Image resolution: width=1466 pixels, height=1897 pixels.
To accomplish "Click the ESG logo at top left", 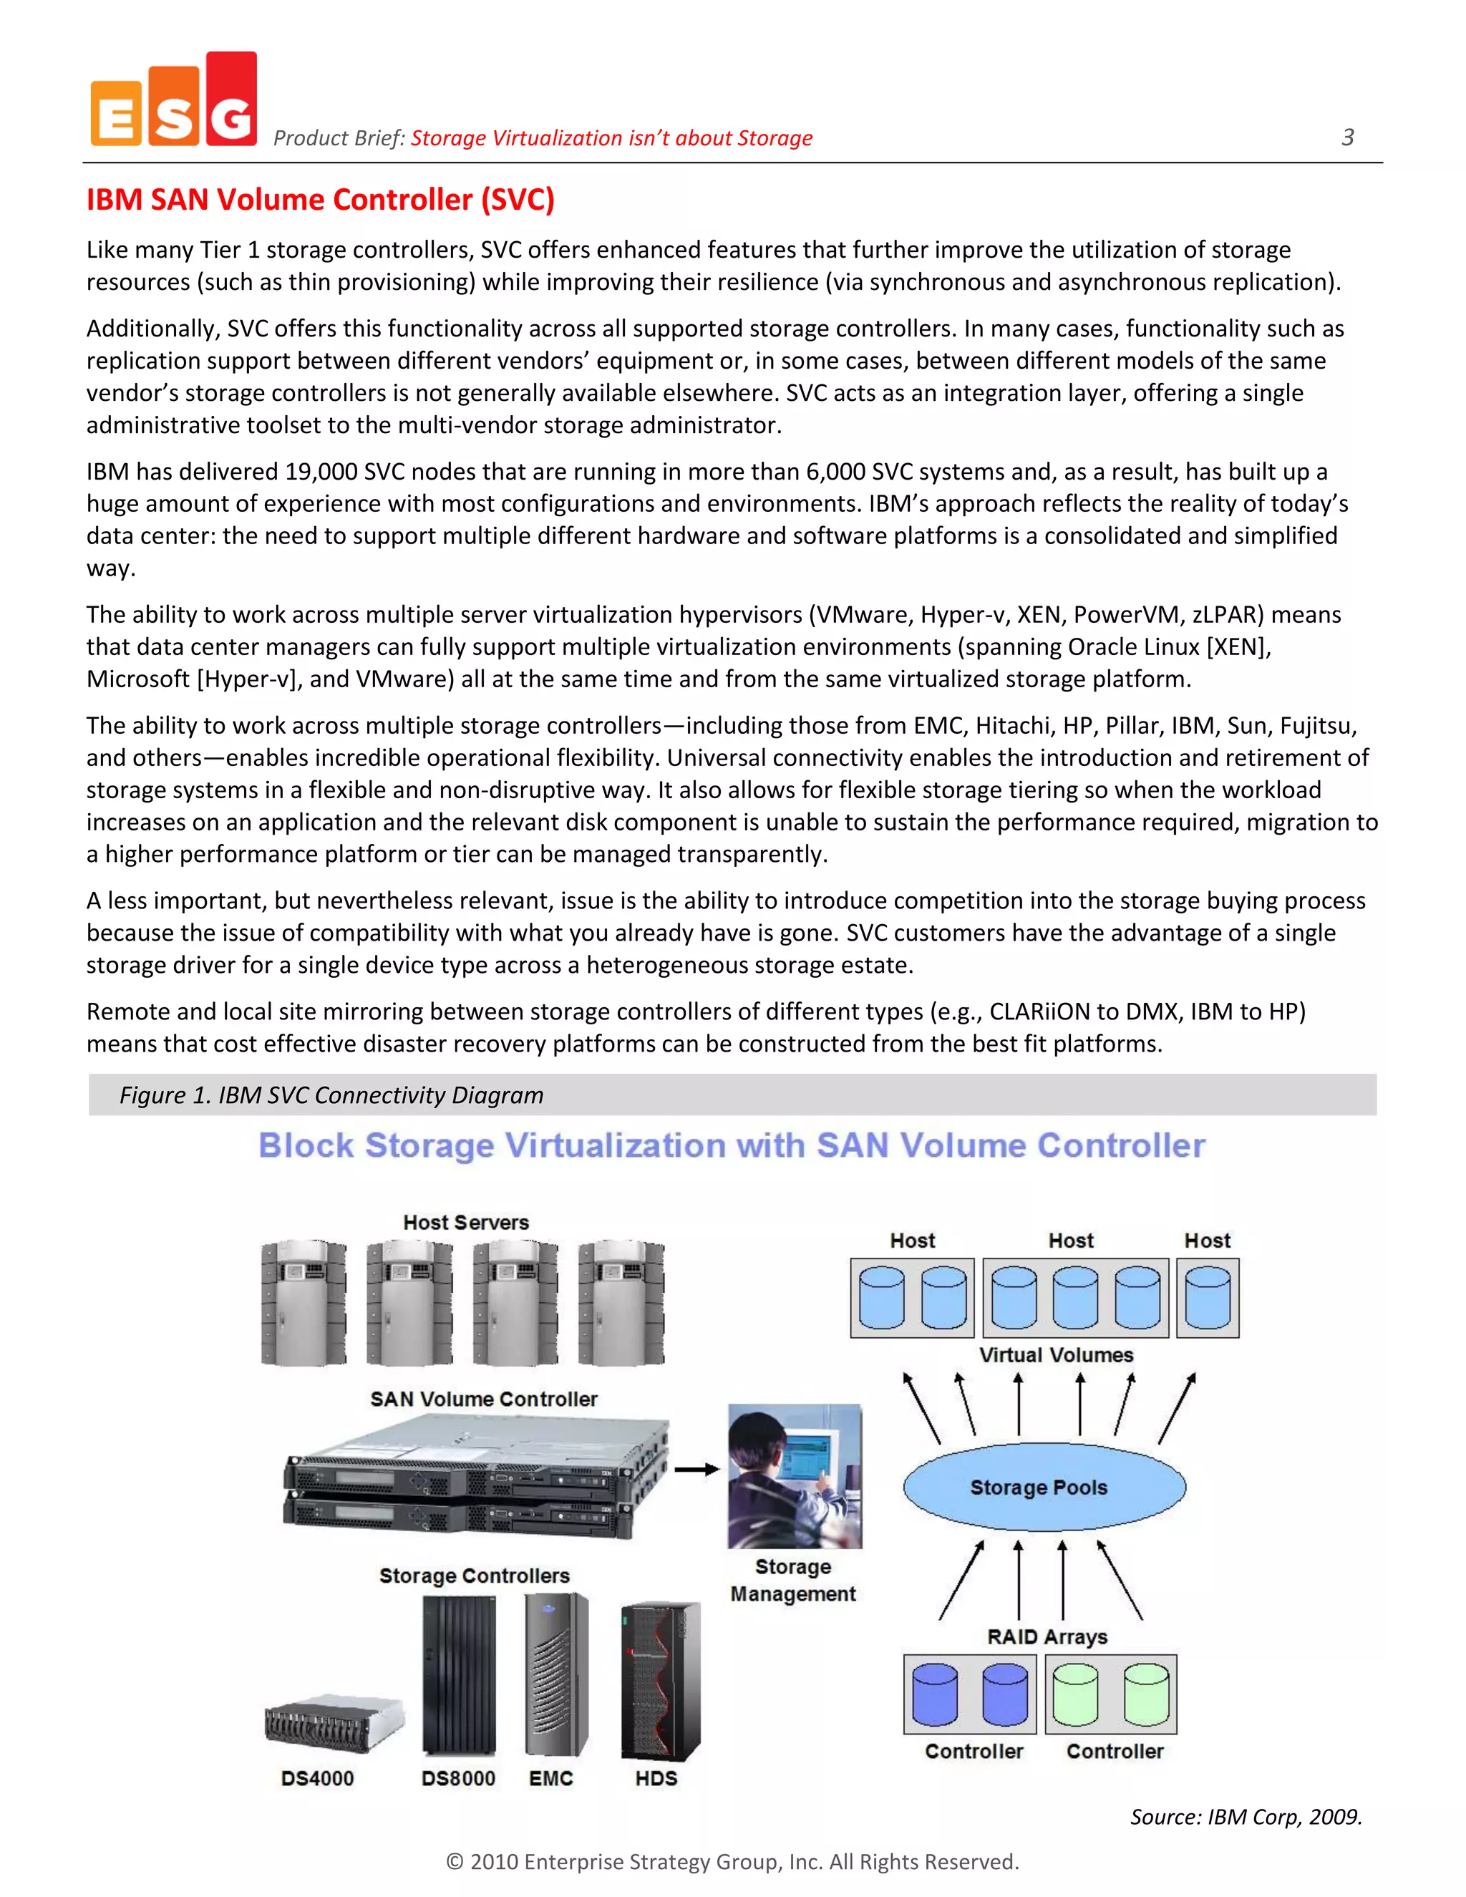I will (174, 101).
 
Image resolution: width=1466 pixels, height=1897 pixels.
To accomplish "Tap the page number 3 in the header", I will (1347, 137).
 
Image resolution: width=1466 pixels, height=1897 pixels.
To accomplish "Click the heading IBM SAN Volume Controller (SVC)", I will (319, 200).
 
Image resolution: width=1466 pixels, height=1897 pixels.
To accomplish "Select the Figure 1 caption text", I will (331, 1095).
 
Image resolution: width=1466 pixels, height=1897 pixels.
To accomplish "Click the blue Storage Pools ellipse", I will (1044, 1487).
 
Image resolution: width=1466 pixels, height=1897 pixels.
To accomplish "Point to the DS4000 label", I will (317, 1778).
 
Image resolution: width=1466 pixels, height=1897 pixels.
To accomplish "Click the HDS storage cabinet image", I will (660, 1681).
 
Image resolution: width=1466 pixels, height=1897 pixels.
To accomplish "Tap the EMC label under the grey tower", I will (550, 1778).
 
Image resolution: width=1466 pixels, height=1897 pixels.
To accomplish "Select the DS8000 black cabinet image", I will (459, 1677).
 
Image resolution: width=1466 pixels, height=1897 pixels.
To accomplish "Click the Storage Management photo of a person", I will (795, 1477).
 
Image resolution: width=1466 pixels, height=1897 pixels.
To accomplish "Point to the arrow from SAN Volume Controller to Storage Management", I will (696, 1470).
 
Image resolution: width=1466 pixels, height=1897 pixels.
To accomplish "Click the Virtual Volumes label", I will (1056, 1355).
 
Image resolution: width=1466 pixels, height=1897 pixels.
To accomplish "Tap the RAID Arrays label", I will (1047, 1636).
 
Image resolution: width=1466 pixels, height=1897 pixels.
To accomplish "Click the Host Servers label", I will (465, 1222).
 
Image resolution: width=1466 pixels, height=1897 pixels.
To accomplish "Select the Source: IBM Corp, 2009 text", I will (1246, 1816).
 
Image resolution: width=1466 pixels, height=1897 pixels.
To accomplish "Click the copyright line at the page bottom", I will (732, 1861).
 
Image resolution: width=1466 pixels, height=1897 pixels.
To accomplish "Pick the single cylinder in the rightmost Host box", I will (1207, 1298).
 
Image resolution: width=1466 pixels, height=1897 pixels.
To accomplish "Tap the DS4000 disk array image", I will (334, 1722).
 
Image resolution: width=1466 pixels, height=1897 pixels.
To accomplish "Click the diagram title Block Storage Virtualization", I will (732, 1145).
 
